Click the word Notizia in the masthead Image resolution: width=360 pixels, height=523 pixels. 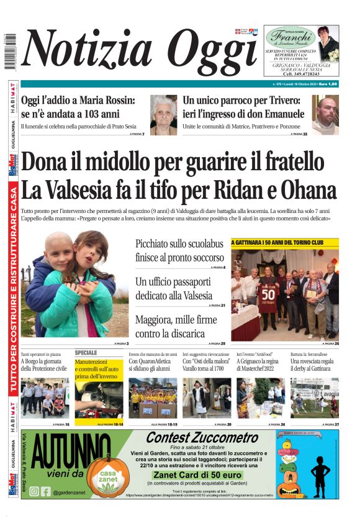(88, 49)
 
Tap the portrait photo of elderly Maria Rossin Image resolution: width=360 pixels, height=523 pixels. (163, 115)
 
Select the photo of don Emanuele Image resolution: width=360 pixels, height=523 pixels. (325, 115)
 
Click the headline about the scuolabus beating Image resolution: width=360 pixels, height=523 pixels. (179, 250)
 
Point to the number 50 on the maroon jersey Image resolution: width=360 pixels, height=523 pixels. (268, 293)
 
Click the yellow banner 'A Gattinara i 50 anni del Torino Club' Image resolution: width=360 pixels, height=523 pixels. (285, 242)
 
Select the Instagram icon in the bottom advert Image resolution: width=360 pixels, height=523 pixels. (34, 491)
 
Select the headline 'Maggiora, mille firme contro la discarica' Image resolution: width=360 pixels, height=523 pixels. (170, 327)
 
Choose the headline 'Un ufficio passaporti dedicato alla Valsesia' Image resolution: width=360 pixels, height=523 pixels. (174, 288)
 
